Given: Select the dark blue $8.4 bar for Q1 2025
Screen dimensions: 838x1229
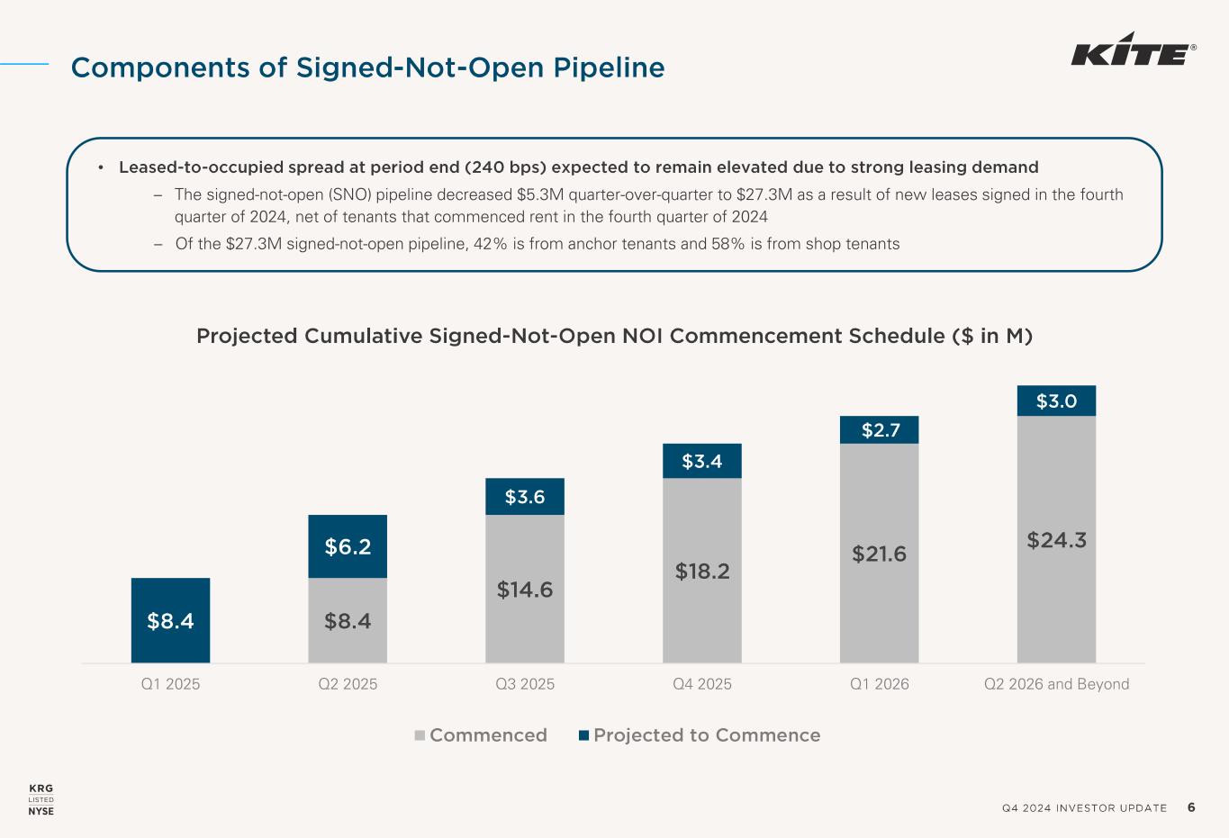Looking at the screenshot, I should click(170, 620).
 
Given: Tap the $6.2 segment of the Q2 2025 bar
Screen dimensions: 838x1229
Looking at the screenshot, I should click(348, 546).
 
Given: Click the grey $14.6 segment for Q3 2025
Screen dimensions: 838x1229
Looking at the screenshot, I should click(525, 590).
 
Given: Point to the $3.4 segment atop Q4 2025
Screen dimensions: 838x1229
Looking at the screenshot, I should click(702, 461).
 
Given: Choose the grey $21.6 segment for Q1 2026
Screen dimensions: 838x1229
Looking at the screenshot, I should click(879, 554).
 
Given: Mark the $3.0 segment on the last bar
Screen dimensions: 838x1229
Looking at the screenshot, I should click(1056, 401).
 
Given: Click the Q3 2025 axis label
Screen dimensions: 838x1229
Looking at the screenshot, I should click(525, 684).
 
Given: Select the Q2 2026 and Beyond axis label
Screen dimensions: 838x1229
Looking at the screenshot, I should click(1056, 684).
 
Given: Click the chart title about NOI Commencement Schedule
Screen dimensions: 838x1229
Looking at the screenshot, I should click(614, 337).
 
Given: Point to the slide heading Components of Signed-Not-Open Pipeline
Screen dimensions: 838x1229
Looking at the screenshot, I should click(367, 68).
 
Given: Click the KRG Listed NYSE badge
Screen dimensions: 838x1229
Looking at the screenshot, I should click(41, 800).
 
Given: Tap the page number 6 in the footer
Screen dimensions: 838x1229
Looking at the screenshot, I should click(1191, 807).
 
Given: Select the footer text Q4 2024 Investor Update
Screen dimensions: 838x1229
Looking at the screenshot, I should click(1084, 808).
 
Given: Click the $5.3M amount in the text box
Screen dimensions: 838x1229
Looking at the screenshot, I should click(541, 194).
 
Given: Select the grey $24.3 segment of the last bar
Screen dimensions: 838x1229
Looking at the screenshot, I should click(1056, 540).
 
